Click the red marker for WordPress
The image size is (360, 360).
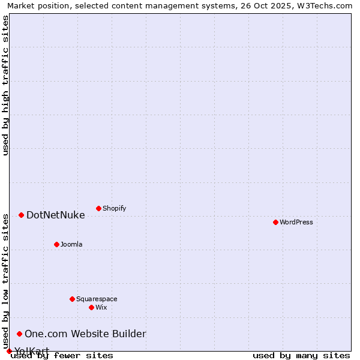(x=275, y=222)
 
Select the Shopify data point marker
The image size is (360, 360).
(x=98, y=208)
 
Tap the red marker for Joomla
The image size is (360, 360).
(x=56, y=244)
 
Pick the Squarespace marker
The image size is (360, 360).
(x=72, y=299)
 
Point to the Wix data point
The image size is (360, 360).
(x=91, y=307)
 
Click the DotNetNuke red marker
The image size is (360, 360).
(x=21, y=215)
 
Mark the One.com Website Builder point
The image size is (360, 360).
(x=19, y=334)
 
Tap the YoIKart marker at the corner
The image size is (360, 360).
(x=9, y=351)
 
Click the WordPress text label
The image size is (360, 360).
(x=296, y=223)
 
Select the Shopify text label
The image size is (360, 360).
(x=115, y=209)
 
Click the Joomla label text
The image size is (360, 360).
(x=71, y=245)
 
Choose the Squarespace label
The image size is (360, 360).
(x=97, y=299)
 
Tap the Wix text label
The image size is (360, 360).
(x=101, y=308)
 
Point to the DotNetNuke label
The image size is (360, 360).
(x=56, y=215)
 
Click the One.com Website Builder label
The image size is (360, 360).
(x=85, y=334)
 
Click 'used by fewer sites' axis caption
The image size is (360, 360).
(x=62, y=356)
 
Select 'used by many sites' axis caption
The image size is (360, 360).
(x=301, y=356)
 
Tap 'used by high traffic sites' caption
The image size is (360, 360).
(x=5, y=85)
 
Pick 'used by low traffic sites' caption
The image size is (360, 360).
(x=5, y=281)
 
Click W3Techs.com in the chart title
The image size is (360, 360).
(x=324, y=5)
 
